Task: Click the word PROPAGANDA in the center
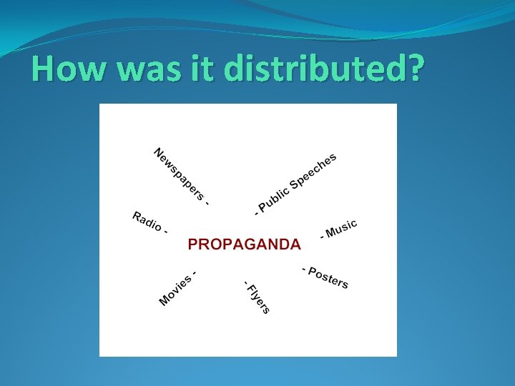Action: (244, 244)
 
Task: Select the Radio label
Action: (147, 222)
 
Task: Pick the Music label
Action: (340, 229)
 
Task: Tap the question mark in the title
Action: (413, 69)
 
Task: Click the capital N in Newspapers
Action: (160, 153)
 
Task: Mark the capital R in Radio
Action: (137, 216)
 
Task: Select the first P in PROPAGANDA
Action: (193, 244)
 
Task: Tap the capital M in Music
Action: (331, 233)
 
